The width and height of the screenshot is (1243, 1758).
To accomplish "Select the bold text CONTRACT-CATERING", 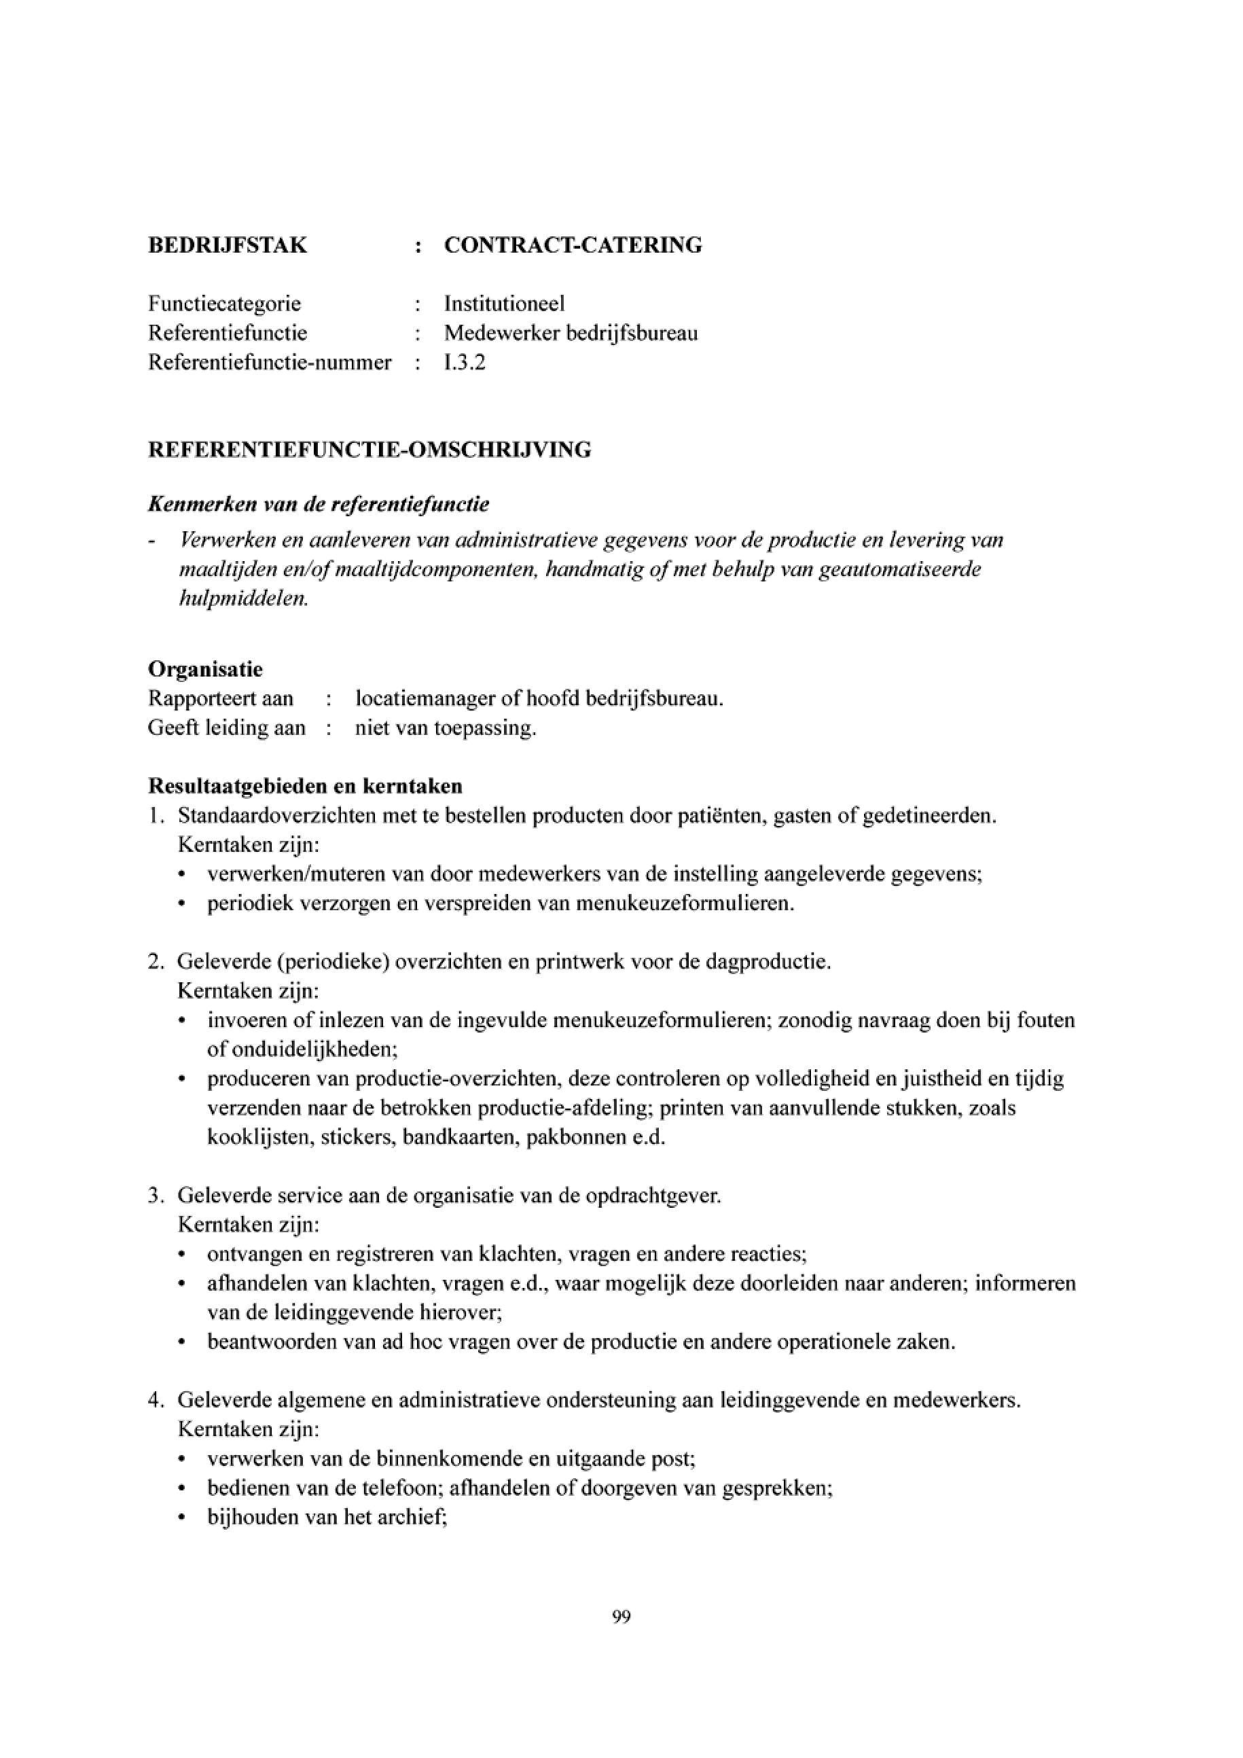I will pyautogui.click(x=573, y=245).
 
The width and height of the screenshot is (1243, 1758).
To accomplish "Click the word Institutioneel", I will pyautogui.click(x=505, y=304).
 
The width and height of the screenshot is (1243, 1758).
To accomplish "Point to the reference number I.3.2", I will pyautogui.click(x=465, y=362).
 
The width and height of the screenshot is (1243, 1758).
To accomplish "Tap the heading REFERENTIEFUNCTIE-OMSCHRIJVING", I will pyautogui.click(x=369, y=450).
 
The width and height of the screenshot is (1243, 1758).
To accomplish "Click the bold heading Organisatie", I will pyautogui.click(x=205, y=669).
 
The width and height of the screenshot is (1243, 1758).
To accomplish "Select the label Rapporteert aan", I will pyautogui.click(x=221, y=699).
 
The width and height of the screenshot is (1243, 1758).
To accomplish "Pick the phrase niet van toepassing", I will pyautogui.click(x=446, y=728).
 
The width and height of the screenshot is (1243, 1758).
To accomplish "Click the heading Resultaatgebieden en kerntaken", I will pyautogui.click(x=304, y=787).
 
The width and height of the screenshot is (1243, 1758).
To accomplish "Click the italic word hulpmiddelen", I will pyautogui.click(x=242, y=598).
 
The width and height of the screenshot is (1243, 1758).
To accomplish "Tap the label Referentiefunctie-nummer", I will pyautogui.click(x=270, y=362).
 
